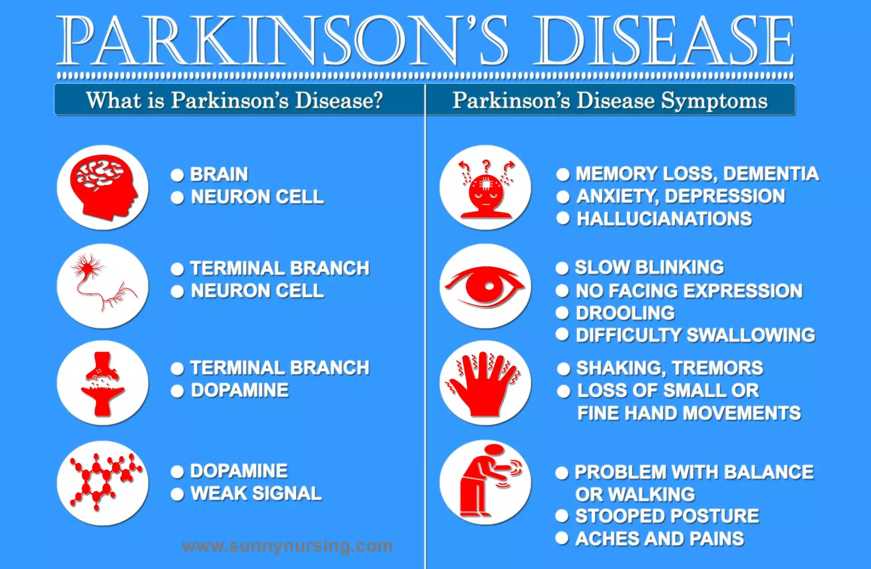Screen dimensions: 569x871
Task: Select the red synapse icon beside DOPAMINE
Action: tap(103, 383)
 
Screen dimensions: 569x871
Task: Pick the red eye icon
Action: tap(485, 287)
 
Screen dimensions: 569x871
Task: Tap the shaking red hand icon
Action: tap(485, 383)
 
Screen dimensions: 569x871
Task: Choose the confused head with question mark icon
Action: tap(485, 188)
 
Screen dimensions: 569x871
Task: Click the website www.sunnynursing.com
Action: tap(287, 545)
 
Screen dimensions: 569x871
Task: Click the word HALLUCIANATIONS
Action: tap(664, 219)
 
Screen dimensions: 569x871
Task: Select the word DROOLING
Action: tap(625, 313)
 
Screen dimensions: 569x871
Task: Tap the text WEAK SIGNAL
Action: tap(256, 493)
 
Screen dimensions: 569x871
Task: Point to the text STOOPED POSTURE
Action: tap(667, 516)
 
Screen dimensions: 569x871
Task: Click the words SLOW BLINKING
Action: tap(649, 267)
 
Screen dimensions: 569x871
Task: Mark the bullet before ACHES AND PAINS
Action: tap(562, 538)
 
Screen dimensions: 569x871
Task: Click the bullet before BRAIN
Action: tap(177, 175)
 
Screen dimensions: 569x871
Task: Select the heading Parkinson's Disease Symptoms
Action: tap(610, 100)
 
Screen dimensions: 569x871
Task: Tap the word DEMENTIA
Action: tap(771, 174)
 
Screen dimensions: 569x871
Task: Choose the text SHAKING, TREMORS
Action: tap(670, 368)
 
